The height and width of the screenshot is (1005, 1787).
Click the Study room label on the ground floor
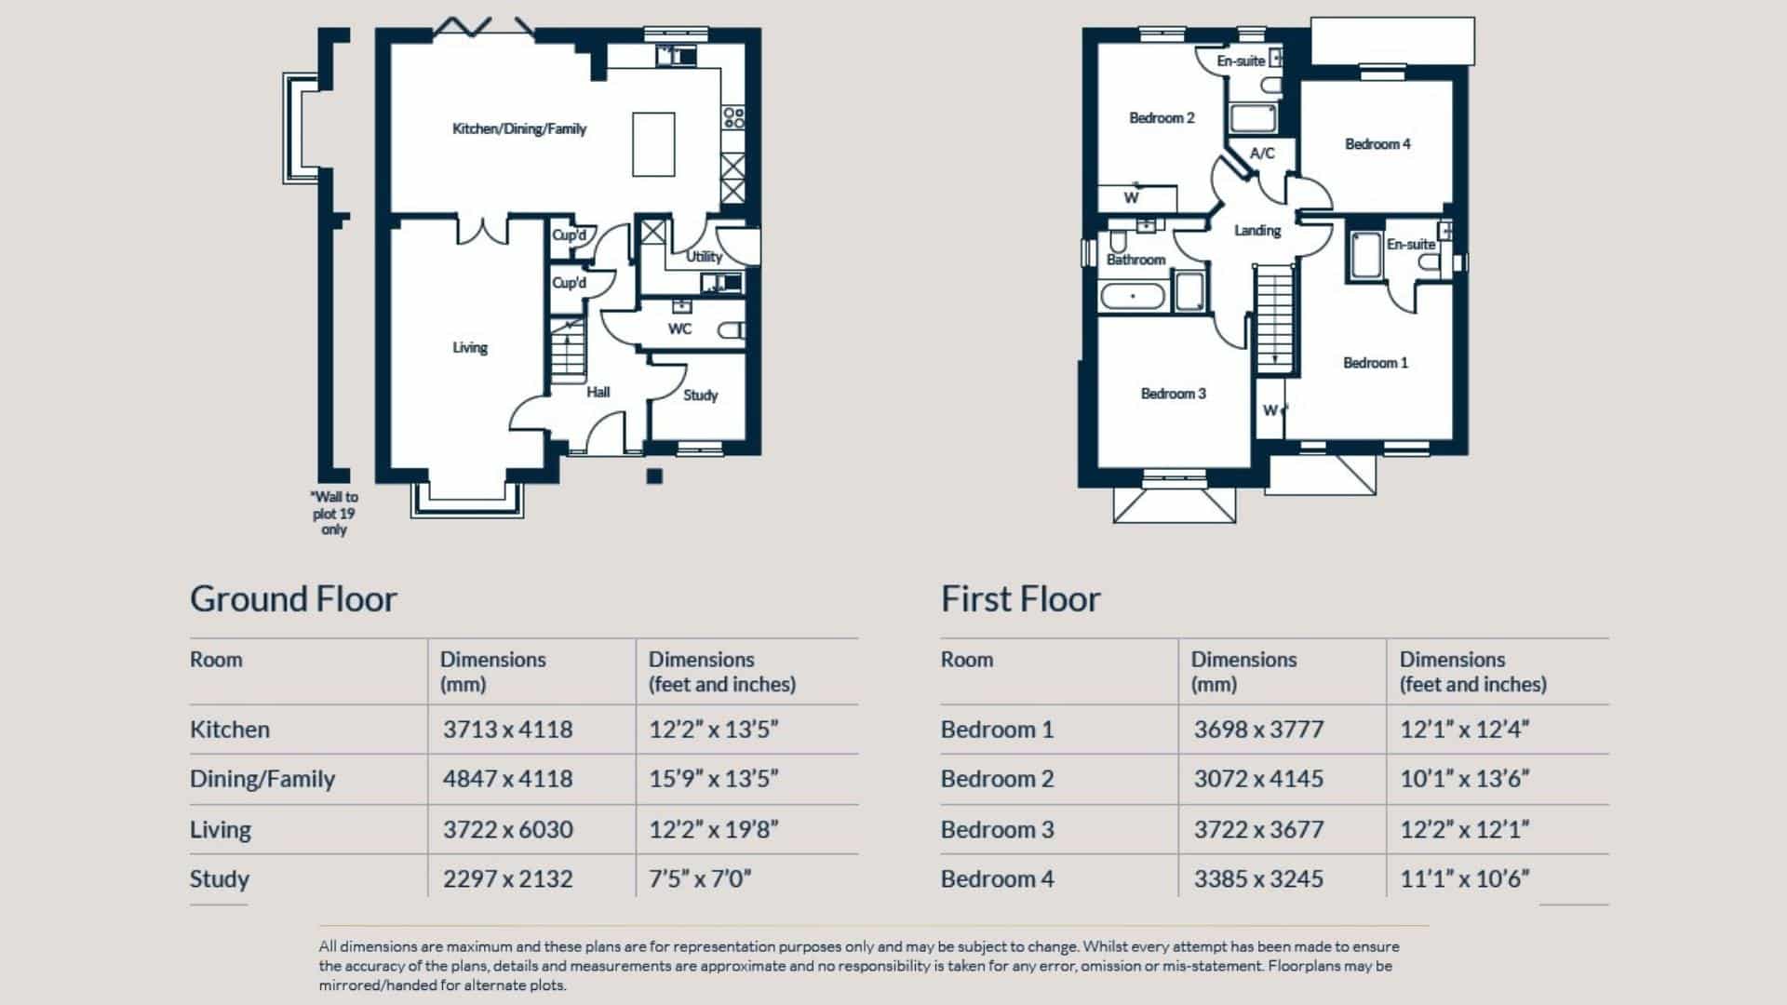tap(700, 395)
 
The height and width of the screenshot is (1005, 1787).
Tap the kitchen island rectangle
tap(653, 144)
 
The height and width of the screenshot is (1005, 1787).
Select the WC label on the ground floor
tap(679, 328)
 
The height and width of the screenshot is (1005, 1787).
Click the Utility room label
tap(704, 257)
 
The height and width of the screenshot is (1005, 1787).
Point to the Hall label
tap(598, 392)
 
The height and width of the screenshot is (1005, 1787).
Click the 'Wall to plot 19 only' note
tap(334, 513)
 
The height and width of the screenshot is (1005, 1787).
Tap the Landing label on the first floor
tap(1257, 231)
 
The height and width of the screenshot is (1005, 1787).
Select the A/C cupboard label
tap(1262, 154)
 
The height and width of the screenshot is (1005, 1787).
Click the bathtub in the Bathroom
tap(1132, 297)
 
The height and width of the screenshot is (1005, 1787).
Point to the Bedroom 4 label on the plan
tap(1377, 144)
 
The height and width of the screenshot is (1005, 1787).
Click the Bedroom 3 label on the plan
tap(1173, 394)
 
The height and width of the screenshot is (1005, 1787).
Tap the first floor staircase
tap(1274, 316)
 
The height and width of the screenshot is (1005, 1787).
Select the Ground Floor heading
tap(293, 598)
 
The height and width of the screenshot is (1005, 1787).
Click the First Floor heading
tap(1020, 598)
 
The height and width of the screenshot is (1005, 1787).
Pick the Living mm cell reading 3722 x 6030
tap(507, 829)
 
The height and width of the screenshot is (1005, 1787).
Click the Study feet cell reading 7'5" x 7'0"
tap(700, 878)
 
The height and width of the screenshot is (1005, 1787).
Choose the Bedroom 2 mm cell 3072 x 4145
tap(1258, 779)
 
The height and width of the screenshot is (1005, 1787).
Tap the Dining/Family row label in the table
tap(262, 779)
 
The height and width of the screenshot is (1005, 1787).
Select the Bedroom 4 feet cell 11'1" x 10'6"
tap(1464, 878)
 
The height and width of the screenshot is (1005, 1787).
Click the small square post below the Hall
tap(654, 476)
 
